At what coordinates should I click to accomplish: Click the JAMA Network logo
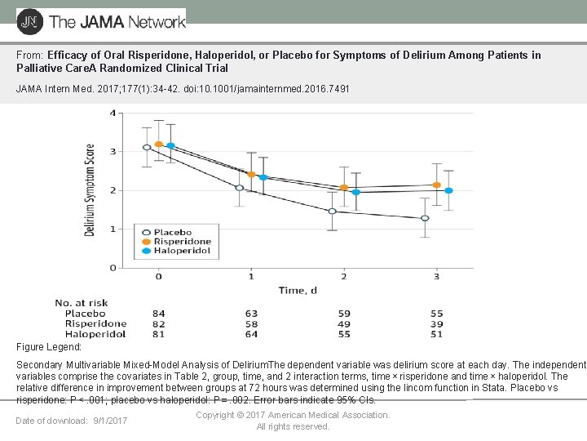point(101,20)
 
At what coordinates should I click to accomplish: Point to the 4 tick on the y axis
point(112,113)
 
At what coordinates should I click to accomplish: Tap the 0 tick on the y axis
point(112,267)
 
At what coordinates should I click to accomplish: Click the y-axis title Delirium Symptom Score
point(90,190)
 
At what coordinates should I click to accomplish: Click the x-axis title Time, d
point(297,290)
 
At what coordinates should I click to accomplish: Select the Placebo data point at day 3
point(425,218)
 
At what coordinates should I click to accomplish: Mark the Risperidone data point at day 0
point(159,145)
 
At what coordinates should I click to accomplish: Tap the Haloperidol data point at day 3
point(448,190)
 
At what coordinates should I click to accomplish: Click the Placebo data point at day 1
point(240,188)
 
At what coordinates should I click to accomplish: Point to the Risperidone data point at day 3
point(437,185)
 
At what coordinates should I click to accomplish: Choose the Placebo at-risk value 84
point(159,314)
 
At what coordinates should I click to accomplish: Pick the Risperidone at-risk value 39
point(436,323)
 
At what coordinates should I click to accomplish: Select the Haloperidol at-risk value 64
point(251,333)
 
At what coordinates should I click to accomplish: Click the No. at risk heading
point(82,304)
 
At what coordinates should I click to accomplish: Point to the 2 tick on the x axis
point(343,277)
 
